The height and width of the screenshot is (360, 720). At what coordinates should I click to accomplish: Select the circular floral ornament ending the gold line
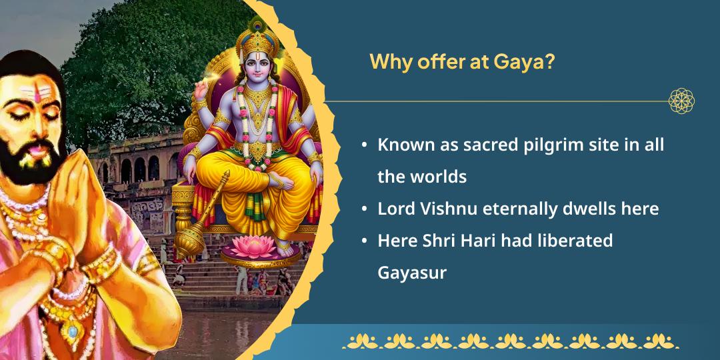pyautogui.click(x=681, y=101)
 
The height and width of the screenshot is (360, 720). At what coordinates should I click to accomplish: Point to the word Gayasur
pyautogui.click(x=412, y=273)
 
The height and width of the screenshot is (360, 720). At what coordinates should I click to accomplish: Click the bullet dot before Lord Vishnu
pyautogui.click(x=364, y=209)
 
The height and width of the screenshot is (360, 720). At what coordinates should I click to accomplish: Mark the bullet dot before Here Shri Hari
pyautogui.click(x=364, y=241)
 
